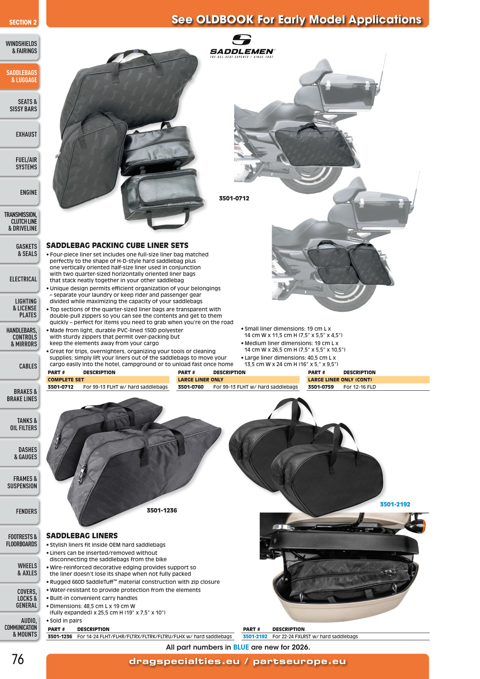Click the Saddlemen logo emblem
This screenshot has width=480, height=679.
[x=241, y=40]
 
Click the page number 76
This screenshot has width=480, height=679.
[x=18, y=659]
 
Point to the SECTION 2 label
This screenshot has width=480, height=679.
[x=23, y=22]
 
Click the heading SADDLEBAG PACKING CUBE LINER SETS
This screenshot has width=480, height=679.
[x=117, y=245]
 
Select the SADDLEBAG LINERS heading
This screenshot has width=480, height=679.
[x=82, y=535]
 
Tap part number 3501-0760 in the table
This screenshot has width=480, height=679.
[x=191, y=387]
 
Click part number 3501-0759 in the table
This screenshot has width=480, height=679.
[x=321, y=387]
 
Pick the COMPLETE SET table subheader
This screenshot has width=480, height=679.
[x=66, y=379]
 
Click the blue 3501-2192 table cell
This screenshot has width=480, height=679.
[x=255, y=636]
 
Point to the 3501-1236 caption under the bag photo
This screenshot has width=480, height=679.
[x=162, y=510]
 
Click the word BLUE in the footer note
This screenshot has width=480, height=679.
[x=241, y=647]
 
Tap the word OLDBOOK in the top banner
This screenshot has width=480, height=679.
[x=225, y=19]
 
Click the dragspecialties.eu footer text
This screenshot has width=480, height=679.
[x=184, y=661]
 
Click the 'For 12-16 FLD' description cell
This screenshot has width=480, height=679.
[x=359, y=387]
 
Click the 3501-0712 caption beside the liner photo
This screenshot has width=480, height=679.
[x=234, y=198]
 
